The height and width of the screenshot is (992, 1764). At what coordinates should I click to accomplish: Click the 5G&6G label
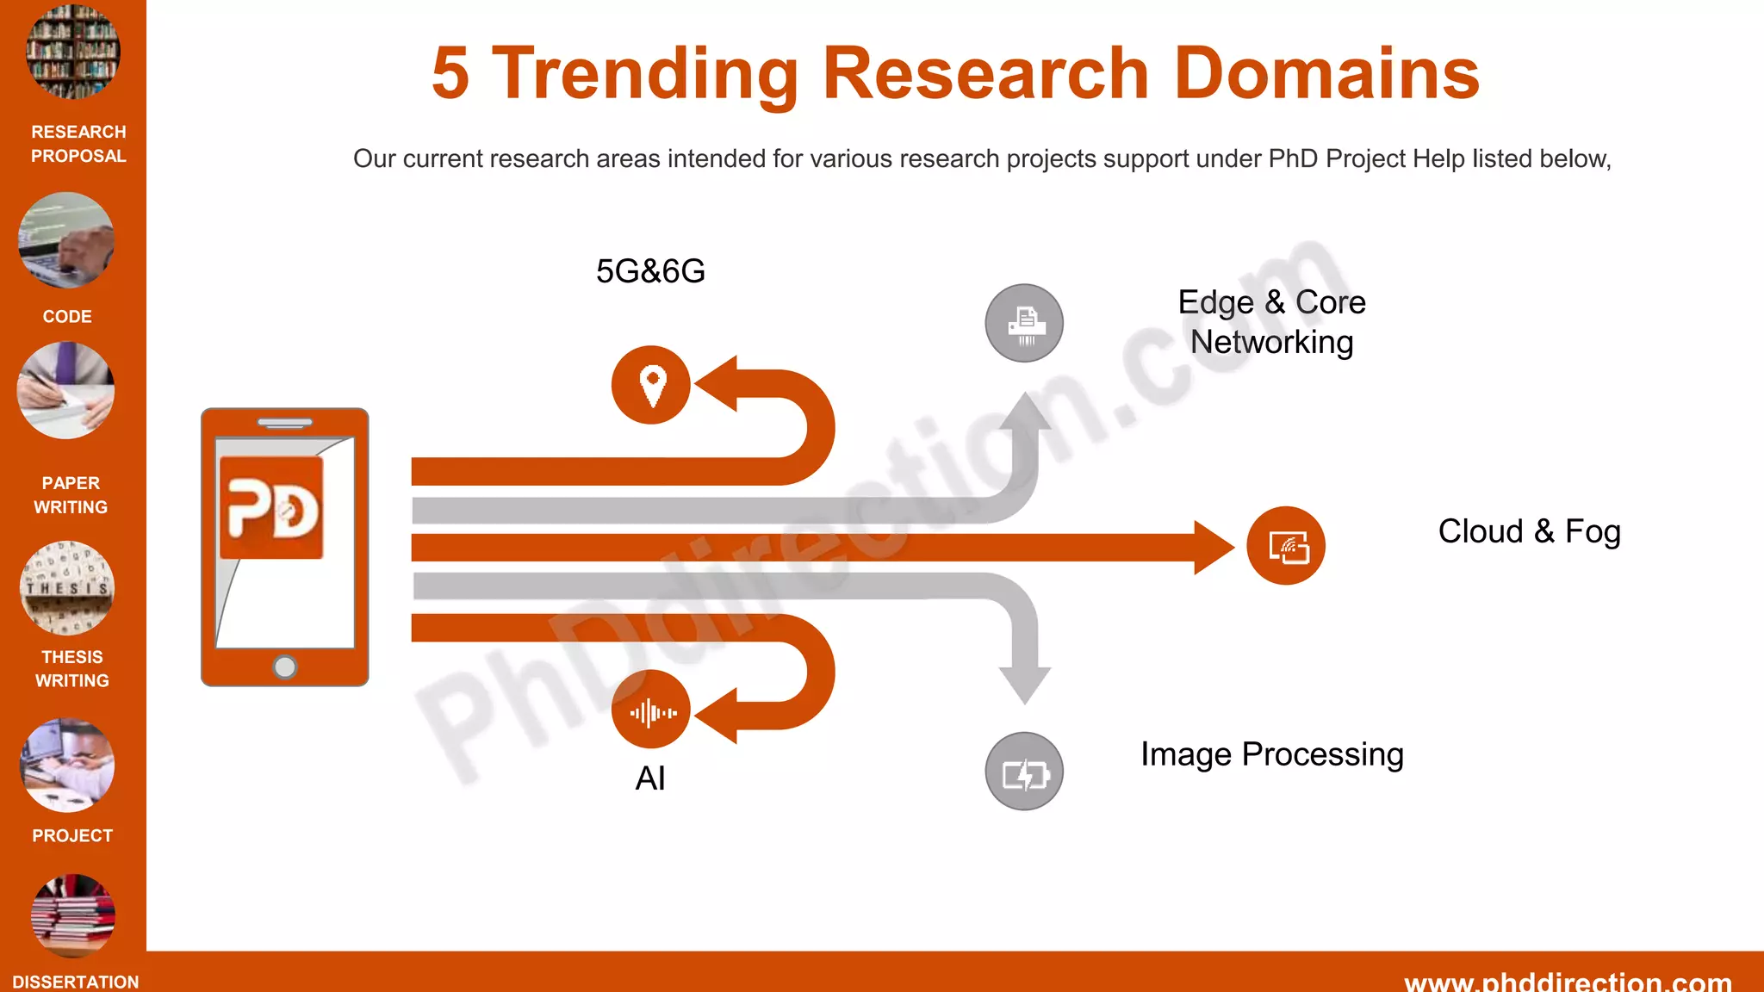point(650,271)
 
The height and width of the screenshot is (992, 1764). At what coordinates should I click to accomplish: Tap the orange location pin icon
point(651,385)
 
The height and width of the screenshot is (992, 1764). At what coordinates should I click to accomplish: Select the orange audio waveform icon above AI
point(651,711)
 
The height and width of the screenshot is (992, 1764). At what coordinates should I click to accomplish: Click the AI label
point(650,778)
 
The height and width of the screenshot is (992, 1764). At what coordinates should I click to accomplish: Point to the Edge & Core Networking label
point(1271,322)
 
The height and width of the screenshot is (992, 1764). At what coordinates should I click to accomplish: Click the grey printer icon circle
point(1024,323)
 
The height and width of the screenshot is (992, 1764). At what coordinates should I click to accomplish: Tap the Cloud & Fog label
point(1529,531)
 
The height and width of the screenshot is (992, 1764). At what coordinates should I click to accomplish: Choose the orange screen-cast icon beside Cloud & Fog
point(1286,546)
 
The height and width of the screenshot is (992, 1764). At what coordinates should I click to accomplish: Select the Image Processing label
point(1272,754)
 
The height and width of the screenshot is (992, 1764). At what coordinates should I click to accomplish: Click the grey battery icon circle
point(1024,772)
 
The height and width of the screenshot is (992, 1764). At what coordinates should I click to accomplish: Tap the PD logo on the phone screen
point(272,508)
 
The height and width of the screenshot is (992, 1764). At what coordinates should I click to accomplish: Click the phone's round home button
point(285,666)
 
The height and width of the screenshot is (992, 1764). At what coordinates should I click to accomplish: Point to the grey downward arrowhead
point(1024,685)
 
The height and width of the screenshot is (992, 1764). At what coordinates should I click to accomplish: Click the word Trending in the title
point(645,75)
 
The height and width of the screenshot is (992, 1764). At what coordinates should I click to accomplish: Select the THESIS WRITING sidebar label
point(72,668)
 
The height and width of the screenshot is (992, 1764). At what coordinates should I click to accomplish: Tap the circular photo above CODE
point(66,240)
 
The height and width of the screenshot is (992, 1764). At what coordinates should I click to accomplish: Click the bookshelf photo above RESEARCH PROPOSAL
point(73,52)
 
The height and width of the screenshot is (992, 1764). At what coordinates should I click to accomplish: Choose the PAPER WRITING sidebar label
point(71,495)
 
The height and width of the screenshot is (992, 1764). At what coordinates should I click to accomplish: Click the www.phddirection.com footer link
point(1568,982)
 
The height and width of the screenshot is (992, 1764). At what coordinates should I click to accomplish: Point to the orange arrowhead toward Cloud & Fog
point(1214,547)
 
